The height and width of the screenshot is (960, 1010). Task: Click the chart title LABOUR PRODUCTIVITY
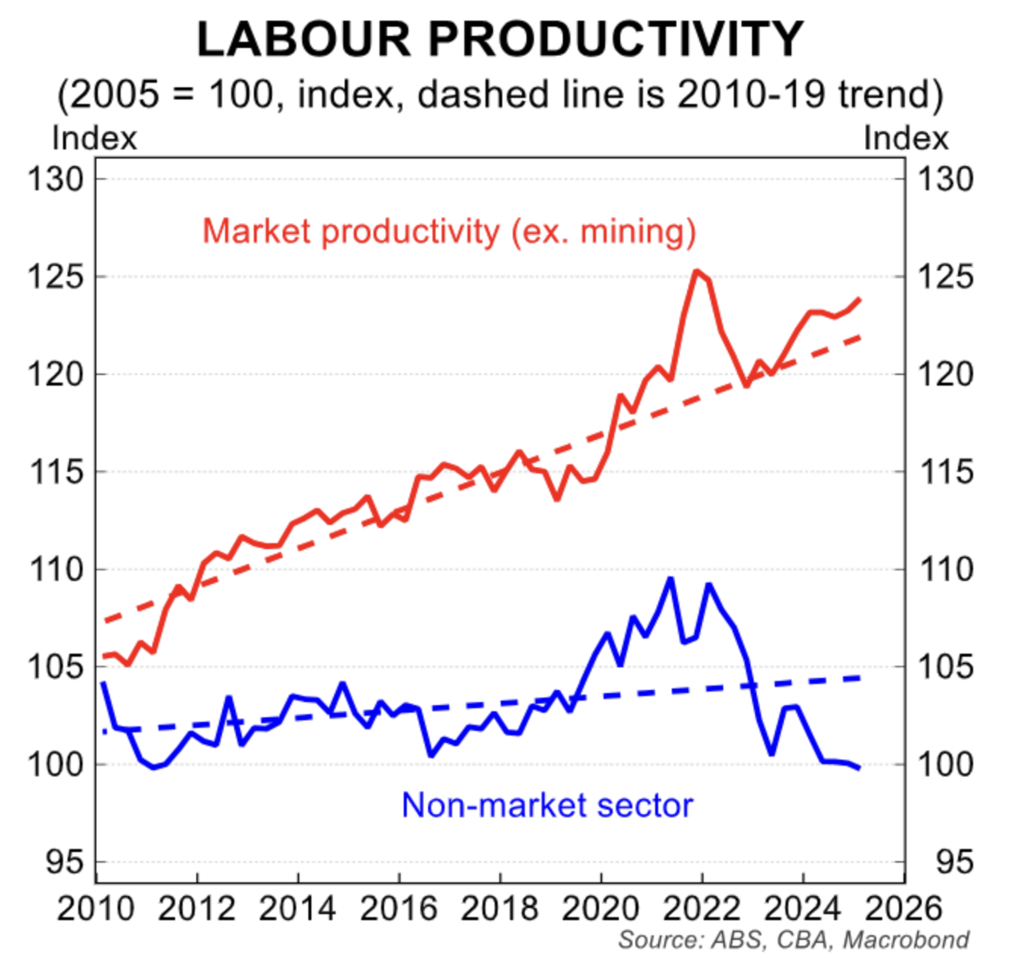click(x=500, y=38)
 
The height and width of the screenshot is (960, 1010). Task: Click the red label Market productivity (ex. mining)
click(x=449, y=232)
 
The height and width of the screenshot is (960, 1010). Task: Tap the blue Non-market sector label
click(x=547, y=805)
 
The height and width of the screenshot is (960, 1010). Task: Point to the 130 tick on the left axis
click(x=56, y=179)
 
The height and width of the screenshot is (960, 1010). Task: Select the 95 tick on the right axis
click(x=955, y=862)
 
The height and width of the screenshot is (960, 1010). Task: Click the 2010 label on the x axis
click(x=95, y=909)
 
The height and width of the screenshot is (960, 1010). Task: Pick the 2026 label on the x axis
click(x=903, y=909)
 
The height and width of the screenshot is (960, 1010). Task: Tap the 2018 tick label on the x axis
click(x=499, y=909)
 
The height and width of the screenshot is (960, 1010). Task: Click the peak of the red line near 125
click(x=696, y=272)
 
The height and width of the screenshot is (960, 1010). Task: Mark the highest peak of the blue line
click(x=670, y=578)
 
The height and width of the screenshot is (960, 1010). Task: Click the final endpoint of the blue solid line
click(x=859, y=768)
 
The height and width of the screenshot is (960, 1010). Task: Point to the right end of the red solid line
click(x=859, y=299)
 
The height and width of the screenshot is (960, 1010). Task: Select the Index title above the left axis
click(x=95, y=139)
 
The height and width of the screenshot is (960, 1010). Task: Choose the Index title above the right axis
click(x=906, y=139)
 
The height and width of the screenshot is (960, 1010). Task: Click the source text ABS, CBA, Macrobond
click(x=794, y=939)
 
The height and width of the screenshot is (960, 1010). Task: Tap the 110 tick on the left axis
click(x=56, y=570)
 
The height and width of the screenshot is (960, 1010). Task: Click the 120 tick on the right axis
click(x=946, y=374)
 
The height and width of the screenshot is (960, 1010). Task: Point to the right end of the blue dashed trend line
click(x=859, y=678)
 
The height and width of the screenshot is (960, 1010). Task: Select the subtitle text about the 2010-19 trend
click(x=500, y=95)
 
